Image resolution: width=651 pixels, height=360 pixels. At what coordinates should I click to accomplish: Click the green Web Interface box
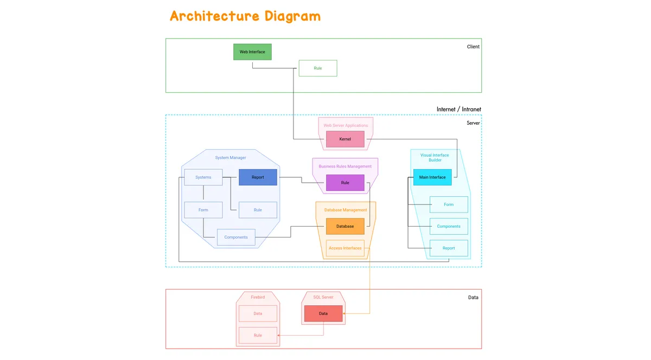point(252,52)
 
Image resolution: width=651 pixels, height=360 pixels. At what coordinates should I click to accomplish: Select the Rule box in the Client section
point(318,68)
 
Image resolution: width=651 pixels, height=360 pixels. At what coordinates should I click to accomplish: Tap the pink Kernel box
point(345,139)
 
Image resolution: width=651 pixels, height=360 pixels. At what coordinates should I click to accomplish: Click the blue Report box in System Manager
point(258,177)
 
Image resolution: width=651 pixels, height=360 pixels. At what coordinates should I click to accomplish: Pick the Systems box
point(203,177)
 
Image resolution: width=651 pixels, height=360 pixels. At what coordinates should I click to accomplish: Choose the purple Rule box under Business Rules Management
point(345,183)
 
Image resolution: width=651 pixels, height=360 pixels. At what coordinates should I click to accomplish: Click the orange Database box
point(345,226)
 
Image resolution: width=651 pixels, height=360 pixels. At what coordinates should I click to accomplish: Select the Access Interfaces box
point(345,248)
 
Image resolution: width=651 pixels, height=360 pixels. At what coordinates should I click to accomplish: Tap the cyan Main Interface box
point(432,177)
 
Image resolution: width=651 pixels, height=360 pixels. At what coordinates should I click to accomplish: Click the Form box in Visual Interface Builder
point(449,204)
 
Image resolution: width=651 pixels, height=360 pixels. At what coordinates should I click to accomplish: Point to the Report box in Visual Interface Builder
point(449,248)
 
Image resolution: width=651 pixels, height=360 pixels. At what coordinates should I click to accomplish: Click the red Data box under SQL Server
point(323,313)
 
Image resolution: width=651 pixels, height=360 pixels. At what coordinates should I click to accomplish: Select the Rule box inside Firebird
point(258,335)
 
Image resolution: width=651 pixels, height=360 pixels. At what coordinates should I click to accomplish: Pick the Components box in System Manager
point(236,237)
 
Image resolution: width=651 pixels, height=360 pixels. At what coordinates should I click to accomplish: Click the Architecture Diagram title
point(245,16)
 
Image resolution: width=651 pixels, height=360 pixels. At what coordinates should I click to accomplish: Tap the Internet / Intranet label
point(458,110)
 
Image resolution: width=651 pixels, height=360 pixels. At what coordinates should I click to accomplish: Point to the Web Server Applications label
point(346,125)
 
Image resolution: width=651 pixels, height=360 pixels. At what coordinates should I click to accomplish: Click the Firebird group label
point(258,297)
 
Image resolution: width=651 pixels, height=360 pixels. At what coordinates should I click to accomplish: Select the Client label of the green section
point(473,47)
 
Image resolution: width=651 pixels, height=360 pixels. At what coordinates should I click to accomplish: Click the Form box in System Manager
point(203,210)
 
